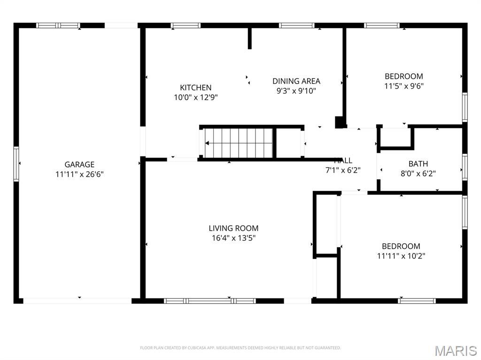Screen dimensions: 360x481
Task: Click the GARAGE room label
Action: (79, 164)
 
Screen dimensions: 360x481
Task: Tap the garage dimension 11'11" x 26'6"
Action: (79, 174)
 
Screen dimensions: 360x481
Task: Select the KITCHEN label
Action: (195, 87)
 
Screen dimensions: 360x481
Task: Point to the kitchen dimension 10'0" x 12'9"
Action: (195, 98)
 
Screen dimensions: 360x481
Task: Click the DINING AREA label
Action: (296, 81)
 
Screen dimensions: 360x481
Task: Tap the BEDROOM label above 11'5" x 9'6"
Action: (403, 76)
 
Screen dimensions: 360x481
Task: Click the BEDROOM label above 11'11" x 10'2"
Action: (401, 246)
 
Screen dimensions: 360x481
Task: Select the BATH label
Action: (418, 164)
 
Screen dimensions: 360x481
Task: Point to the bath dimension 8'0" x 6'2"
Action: (418, 174)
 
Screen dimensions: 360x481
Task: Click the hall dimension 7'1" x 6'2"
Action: (342, 170)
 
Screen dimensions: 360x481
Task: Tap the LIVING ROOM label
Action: (233, 228)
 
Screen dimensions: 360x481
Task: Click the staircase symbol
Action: (239, 143)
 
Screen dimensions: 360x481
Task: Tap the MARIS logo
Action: (455, 350)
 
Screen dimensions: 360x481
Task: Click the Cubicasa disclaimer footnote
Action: (240, 348)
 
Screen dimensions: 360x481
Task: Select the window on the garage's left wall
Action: (16, 164)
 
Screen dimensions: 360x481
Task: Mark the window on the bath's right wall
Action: (465, 167)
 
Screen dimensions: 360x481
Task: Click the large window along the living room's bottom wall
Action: (210, 300)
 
